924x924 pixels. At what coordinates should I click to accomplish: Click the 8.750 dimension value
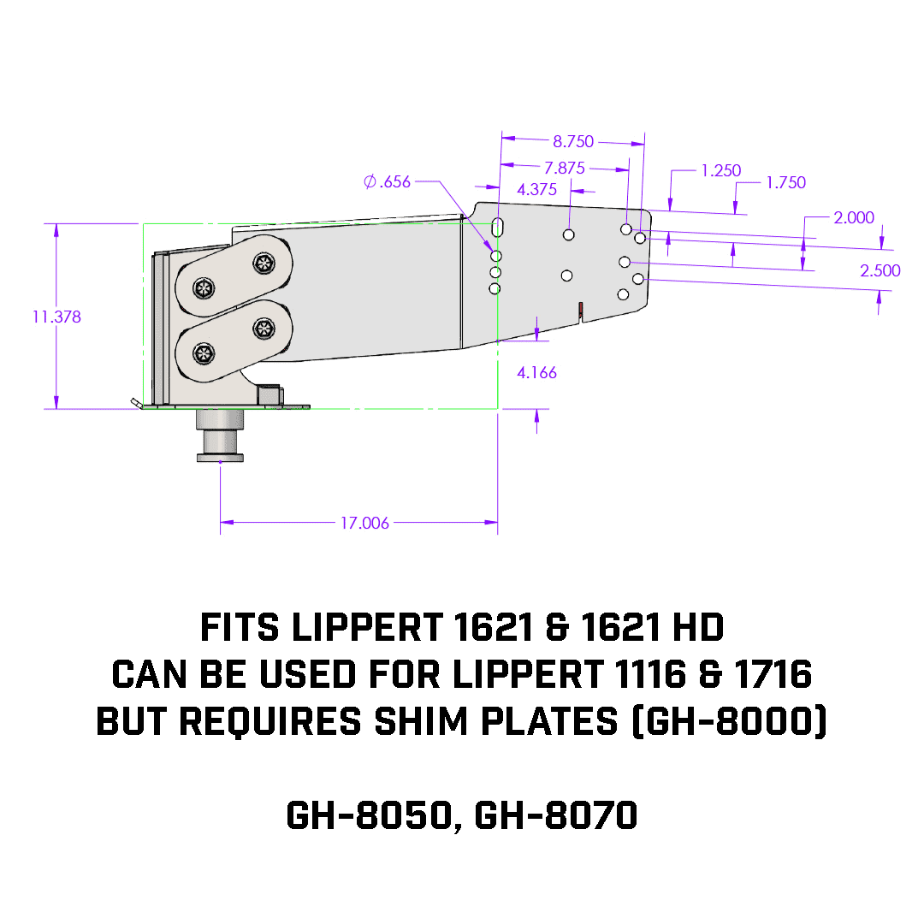[x=573, y=142]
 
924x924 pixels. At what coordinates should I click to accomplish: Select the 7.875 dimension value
[x=565, y=169]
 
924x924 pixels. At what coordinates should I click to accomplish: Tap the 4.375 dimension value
[x=537, y=190]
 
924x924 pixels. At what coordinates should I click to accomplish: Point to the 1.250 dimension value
[x=720, y=170]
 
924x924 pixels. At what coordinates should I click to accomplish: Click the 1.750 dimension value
[x=785, y=182]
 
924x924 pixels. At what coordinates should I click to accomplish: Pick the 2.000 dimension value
[x=854, y=217]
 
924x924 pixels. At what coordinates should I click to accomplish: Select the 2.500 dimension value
[x=880, y=270]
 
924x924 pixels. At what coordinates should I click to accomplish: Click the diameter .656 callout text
[x=387, y=181]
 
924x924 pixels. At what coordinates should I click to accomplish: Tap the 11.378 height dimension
[x=57, y=317]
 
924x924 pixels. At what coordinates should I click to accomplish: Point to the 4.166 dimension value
[x=536, y=373]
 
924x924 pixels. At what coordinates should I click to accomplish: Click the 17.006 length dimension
[x=364, y=523]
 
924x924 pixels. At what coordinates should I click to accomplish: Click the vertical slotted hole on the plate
[x=498, y=229]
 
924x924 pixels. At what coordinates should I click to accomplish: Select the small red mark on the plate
[x=580, y=308]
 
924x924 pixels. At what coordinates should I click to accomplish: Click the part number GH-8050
[x=368, y=815]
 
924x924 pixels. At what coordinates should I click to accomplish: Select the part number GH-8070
[x=556, y=815]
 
